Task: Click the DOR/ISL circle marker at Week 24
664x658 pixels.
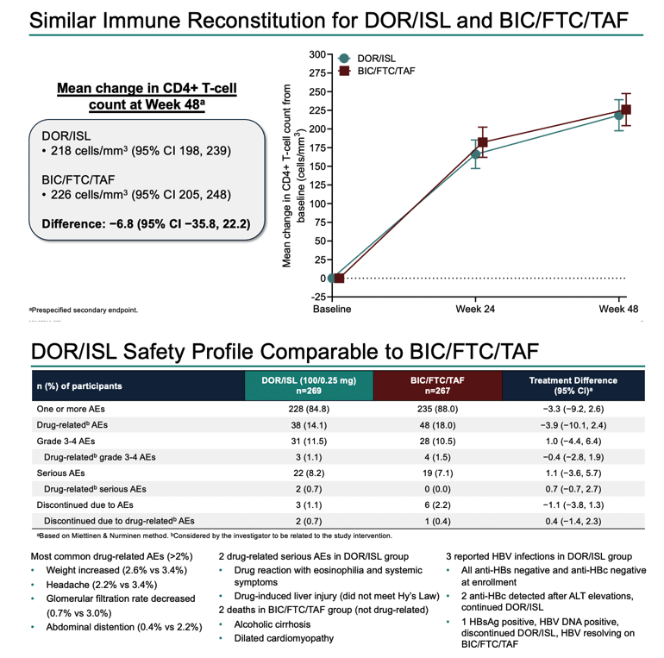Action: click(475, 154)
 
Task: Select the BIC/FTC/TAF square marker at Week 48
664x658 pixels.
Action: click(625, 110)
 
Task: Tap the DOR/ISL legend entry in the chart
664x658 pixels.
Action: click(367, 59)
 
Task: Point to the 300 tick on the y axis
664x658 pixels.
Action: click(317, 54)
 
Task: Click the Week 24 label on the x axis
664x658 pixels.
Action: click(475, 309)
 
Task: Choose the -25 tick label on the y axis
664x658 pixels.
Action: click(318, 297)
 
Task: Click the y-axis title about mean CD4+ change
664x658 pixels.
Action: click(293, 176)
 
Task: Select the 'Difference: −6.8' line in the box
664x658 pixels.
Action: click(146, 223)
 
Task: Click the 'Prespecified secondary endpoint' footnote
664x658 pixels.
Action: click(84, 310)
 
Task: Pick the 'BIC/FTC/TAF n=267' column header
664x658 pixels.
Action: click(437, 385)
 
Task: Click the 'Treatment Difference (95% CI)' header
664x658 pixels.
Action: click(573, 385)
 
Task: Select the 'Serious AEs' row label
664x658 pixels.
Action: click(60, 473)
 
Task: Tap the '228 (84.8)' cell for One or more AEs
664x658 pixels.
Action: click(309, 409)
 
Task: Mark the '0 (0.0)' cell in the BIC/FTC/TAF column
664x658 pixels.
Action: click(437, 489)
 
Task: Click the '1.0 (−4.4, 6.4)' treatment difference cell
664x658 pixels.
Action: click(573, 442)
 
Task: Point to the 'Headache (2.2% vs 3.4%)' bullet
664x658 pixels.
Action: click(101, 585)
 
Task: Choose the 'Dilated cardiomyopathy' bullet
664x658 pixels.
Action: click(284, 638)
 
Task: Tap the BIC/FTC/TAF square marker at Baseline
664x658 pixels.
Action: click(339, 279)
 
